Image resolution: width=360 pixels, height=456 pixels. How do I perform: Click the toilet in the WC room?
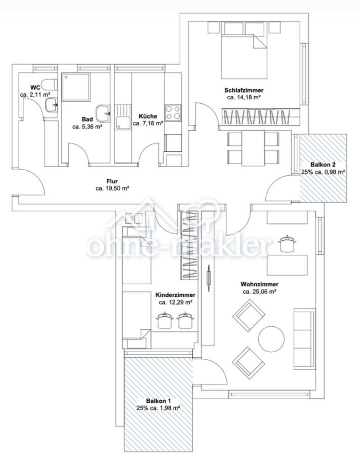[x=49, y=85]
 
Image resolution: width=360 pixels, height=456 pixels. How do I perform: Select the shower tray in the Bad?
[x=76, y=87]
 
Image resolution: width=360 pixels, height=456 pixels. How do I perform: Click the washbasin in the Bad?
[x=103, y=113]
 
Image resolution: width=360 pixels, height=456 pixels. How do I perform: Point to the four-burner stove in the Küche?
[x=173, y=112]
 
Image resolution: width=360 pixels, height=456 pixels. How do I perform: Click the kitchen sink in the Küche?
[x=123, y=117]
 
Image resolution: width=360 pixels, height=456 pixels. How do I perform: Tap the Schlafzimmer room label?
[x=244, y=90]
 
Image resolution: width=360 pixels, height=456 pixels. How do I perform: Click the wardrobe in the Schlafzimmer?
[x=261, y=116]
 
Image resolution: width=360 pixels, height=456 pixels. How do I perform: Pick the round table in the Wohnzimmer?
[x=271, y=339]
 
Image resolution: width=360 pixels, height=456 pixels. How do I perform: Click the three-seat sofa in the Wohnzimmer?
[x=304, y=339]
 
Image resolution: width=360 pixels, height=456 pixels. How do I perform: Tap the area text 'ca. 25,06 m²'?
[x=259, y=292]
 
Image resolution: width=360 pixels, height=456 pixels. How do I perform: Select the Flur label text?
[x=112, y=181]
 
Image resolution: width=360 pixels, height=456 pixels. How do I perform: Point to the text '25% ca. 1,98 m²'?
[x=158, y=408]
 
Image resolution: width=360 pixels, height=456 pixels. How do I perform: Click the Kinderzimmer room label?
[x=176, y=295]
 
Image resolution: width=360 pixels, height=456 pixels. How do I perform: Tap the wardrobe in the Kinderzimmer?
[x=190, y=245]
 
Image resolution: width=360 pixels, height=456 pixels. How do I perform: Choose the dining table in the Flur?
[x=253, y=148]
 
